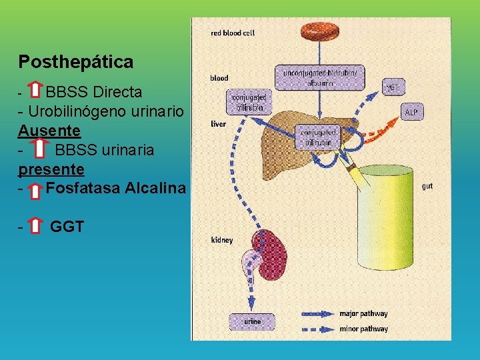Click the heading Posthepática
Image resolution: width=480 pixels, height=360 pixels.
(76, 62)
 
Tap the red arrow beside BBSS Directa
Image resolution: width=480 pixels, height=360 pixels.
(38, 91)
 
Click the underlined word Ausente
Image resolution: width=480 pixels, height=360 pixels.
(49, 130)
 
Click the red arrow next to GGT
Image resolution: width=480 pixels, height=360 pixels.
(37, 227)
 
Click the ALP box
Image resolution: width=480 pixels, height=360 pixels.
(411, 113)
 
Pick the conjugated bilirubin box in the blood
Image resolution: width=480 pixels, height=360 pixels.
(247, 102)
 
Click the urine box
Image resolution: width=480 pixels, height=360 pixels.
(252, 321)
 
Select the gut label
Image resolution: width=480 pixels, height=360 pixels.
(427, 186)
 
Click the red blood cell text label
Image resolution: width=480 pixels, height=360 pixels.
(233, 32)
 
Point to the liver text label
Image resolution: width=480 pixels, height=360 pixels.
(218, 124)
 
